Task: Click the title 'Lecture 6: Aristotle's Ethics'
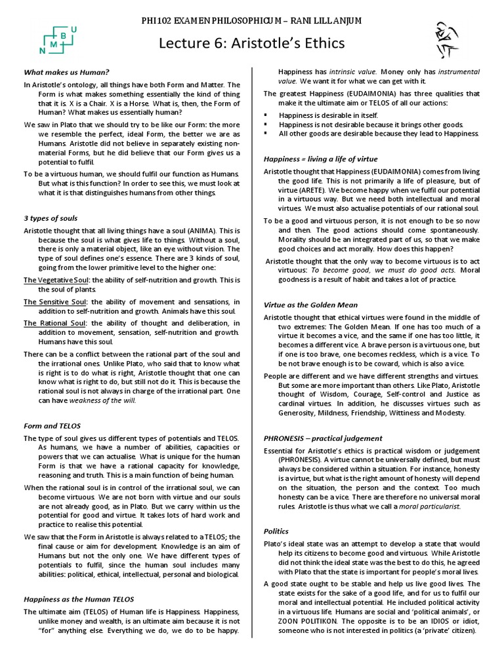point(252,43)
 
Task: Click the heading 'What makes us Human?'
point(66,72)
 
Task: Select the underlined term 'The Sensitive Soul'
point(55,301)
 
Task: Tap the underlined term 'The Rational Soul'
point(54,323)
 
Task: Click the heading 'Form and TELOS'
point(52,425)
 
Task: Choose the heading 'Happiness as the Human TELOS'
point(79,599)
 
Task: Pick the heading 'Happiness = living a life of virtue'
point(321,159)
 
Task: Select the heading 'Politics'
point(276,531)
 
